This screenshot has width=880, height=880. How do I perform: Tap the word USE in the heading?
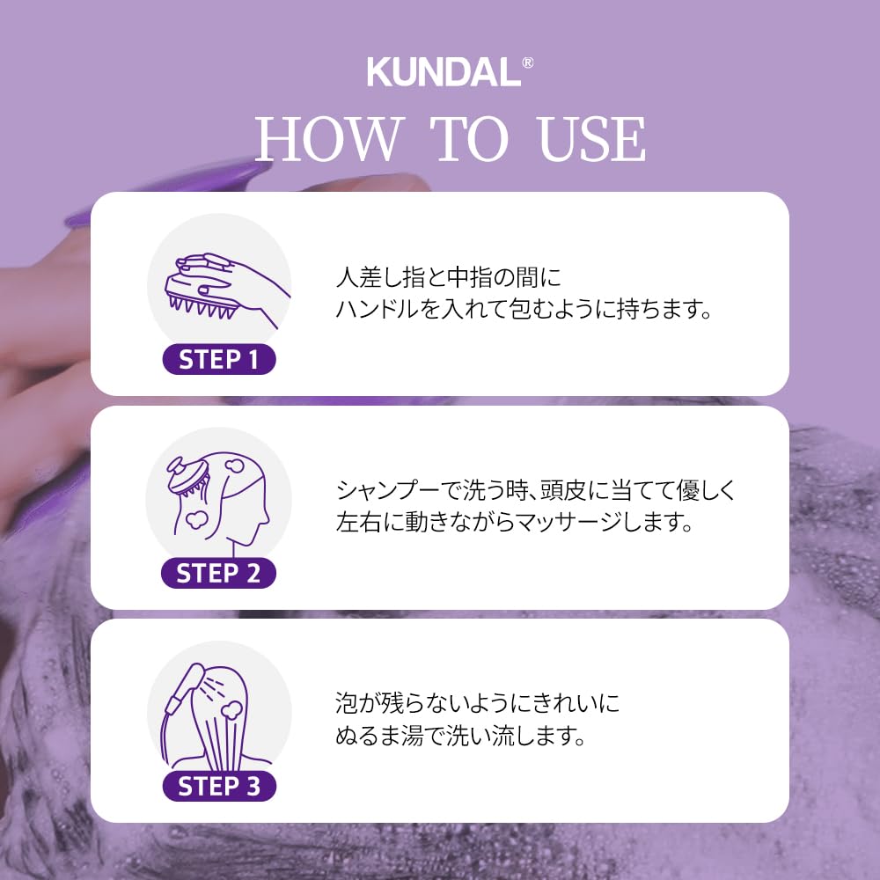pos(592,139)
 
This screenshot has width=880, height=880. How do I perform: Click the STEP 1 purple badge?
pos(219,359)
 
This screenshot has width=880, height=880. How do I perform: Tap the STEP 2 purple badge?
pos(219,573)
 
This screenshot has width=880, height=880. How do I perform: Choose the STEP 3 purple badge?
pos(219,786)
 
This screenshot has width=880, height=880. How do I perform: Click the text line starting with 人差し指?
pos(448,277)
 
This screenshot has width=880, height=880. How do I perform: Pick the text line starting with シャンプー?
pos(535,491)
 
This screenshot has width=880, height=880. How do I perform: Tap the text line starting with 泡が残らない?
pos(478,703)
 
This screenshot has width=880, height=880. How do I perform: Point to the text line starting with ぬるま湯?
pos(460,736)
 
